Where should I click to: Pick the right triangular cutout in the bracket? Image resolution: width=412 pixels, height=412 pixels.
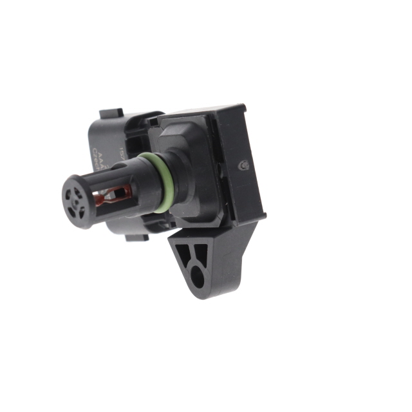point(202,253)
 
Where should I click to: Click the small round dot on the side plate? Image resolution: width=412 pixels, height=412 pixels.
point(243,165)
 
